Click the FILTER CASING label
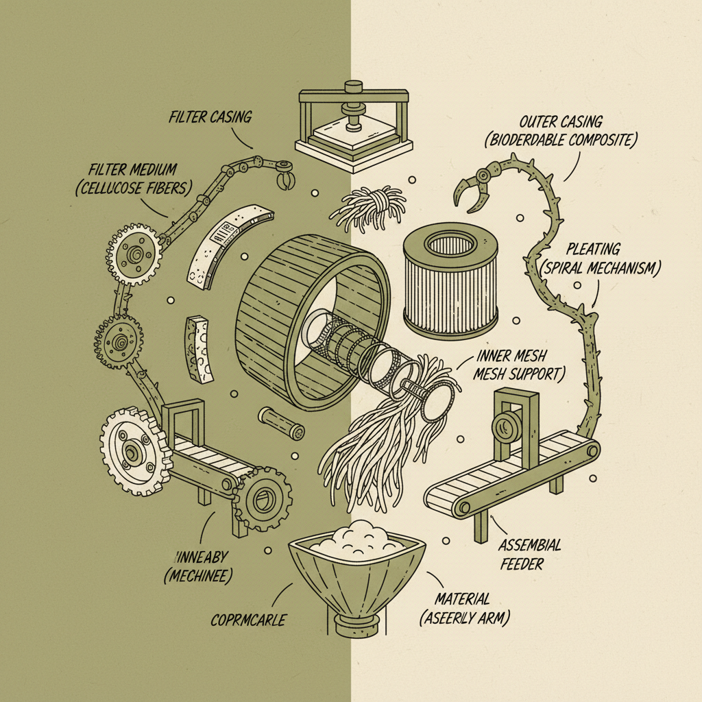pos(210,117)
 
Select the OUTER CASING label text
pos(560,131)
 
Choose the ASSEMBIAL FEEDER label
pos(529,554)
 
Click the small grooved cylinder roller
pos(281,423)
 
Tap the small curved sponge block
pos(199,348)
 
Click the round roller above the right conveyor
pos(507,426)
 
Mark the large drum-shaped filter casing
pos(302,315)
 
